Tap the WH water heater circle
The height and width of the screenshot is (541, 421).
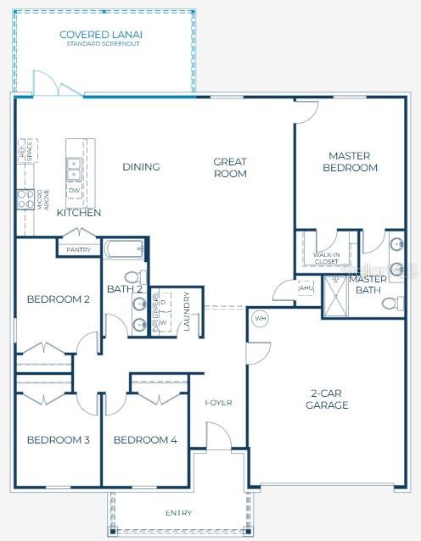pos(261,319)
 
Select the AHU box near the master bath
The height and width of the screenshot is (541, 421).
pos(306,287)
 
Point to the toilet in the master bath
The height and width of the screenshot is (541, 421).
pos(392,303)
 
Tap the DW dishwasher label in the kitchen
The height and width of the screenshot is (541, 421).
pos(74,191)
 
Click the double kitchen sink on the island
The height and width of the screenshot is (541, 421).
pos(74,169)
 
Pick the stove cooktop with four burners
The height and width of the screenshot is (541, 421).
pos(23,199)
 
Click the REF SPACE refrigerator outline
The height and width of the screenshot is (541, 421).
pos(29,152)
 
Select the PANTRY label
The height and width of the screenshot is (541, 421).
pos(78,250)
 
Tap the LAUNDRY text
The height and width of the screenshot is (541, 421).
pos(187,311)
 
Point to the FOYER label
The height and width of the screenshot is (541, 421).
pos(218,402)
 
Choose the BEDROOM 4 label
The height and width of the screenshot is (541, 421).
pos(145,439)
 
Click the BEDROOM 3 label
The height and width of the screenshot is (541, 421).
pos(58,439)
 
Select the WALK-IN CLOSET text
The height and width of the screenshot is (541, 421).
pos(327,258)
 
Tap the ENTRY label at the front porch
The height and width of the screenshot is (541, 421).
pos(178,513)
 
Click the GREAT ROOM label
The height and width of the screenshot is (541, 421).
pos(230,167)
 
